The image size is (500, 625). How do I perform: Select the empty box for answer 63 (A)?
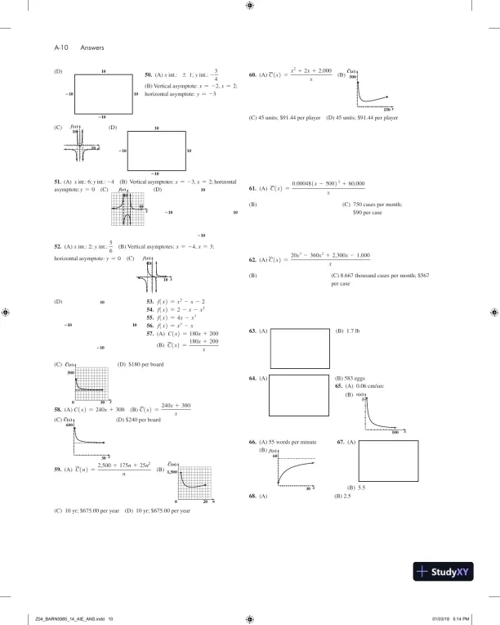click(x=297, y=348)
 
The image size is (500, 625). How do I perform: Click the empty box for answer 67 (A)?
click(x=388, y=461)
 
